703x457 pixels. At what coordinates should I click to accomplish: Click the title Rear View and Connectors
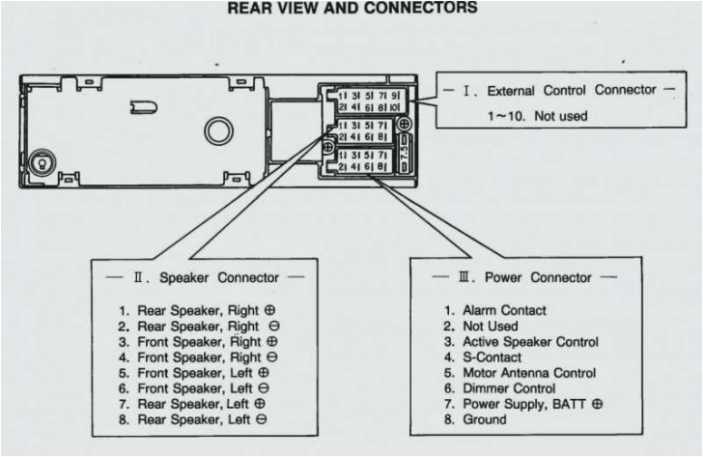[351, 8]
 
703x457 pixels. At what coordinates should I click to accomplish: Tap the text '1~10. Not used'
[535, 116]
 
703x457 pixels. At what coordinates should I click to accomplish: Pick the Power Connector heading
[525, 277]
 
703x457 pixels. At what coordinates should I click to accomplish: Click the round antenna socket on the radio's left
[41, 162]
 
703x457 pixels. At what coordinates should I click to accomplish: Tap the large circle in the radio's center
[217, 130]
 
